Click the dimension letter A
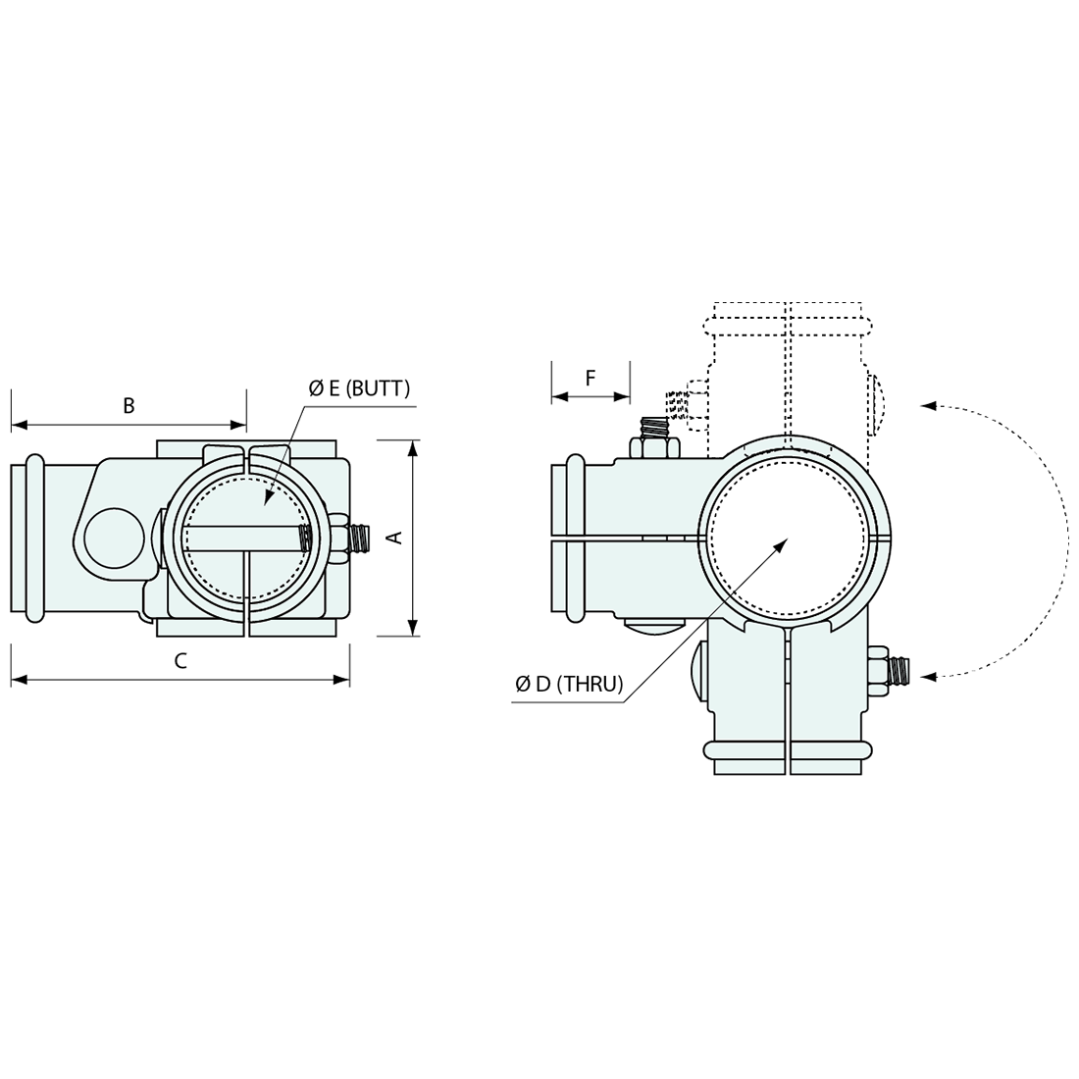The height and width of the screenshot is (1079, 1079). pos(396,538)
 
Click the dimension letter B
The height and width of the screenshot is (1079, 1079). pos(128,406)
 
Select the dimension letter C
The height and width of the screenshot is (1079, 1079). pos(180,660)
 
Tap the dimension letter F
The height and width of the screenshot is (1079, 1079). pos(591,378)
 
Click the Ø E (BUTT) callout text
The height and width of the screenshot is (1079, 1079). pos(359,388)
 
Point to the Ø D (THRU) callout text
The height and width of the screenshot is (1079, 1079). pos(569,684)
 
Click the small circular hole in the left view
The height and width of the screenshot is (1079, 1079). pos(114,539)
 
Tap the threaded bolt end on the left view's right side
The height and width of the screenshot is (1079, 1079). pos(360,538)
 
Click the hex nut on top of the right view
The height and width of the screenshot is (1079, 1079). pos(654,448)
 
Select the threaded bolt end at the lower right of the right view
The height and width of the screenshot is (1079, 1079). pos(899,671)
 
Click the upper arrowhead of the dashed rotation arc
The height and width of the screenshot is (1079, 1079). pos(928,405)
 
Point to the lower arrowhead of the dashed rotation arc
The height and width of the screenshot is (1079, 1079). pos(928,677)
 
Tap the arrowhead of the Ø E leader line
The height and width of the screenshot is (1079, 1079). pos(269,499)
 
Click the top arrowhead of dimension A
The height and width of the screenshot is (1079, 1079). pos(412,447)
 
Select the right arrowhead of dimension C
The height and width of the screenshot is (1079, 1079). pos(341,680)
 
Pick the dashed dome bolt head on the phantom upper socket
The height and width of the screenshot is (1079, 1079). pos(880,403)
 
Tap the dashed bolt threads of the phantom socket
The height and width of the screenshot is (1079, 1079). pos(677,403)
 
